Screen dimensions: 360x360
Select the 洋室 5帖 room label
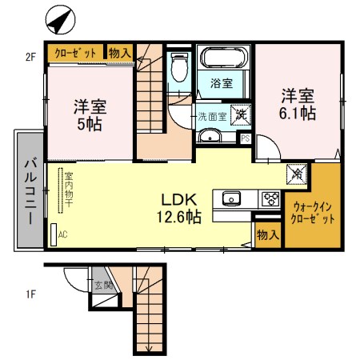(90, 114)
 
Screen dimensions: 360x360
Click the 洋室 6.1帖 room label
(298, 103)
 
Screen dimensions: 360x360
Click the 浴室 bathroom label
(221, 82)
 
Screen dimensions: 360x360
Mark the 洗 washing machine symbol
(239, 113)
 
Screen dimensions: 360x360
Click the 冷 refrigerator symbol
(295, 171)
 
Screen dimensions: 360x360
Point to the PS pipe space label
(245, 138)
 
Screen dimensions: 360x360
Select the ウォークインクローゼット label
(308, 212)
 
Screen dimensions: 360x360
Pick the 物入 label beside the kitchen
(267, 234)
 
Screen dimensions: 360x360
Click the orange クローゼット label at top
(75, 53)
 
